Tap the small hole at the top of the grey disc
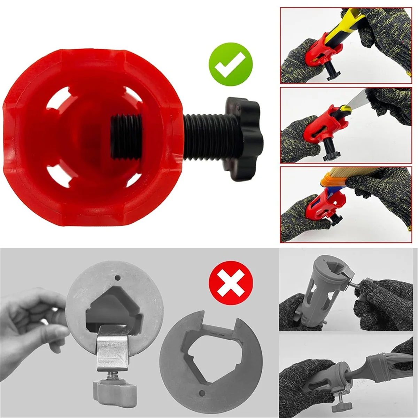click(x=117, y=278)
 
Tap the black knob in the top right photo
click(x=333, y=75)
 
